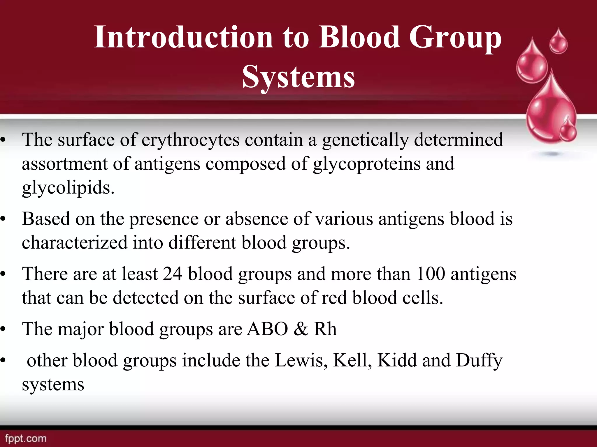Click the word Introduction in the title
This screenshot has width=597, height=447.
coord(183,37)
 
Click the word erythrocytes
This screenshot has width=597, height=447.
coord(190,140)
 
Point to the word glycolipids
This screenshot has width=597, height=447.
coord(68,188)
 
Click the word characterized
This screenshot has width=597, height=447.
coord(75,243)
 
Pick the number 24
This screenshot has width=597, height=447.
coord(172,274)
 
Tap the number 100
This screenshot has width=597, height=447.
coord(430,274)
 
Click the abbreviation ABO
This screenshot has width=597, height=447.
coord(267,329)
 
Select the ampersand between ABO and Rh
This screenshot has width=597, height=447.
coord(301,329)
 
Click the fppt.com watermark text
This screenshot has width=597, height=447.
coord(26,438)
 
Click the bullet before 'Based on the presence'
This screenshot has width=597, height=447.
coord(3,219)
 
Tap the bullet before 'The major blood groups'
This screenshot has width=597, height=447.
coord(3,329)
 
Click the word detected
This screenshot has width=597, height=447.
coord(145,298)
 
